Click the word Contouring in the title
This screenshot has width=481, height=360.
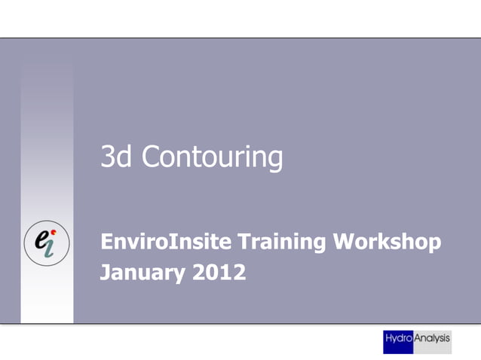click(212, 157)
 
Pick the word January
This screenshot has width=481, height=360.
click(140, 272)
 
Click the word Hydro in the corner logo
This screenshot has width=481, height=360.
click(399, 340)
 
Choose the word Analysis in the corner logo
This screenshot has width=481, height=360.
click(432, 340)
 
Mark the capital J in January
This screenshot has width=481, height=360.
click(106, 272)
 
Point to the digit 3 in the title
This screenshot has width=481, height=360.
click(109, 157)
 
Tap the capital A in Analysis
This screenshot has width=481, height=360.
click(418, 340)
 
